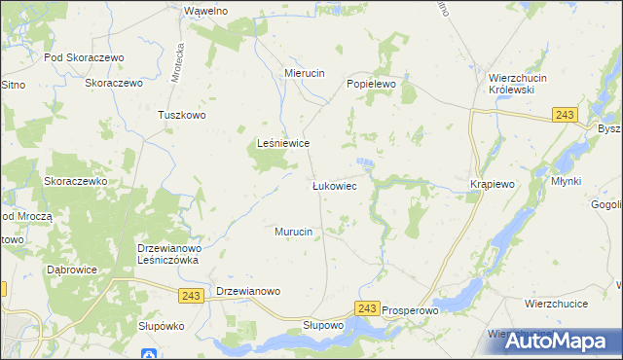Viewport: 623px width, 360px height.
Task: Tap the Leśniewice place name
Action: pyautogui.click(x=282, y=142)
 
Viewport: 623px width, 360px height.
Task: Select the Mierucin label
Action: pyautogui.click(x=303, y=73)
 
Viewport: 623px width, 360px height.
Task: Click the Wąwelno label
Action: pyautogui.click(x=205, y=11)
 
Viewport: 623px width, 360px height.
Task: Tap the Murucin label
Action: pyautogui.click(x=293, y=232)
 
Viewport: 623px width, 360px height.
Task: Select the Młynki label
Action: pyautogui.click(x=565, y=182)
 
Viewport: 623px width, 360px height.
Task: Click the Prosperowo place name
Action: pyautogui.click(x=412, y=309)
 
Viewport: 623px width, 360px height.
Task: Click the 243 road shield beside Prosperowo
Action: pyautogui.click(x=366, y=308)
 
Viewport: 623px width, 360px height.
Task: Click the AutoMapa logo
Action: pyautogui.click(x=559, y=341)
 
